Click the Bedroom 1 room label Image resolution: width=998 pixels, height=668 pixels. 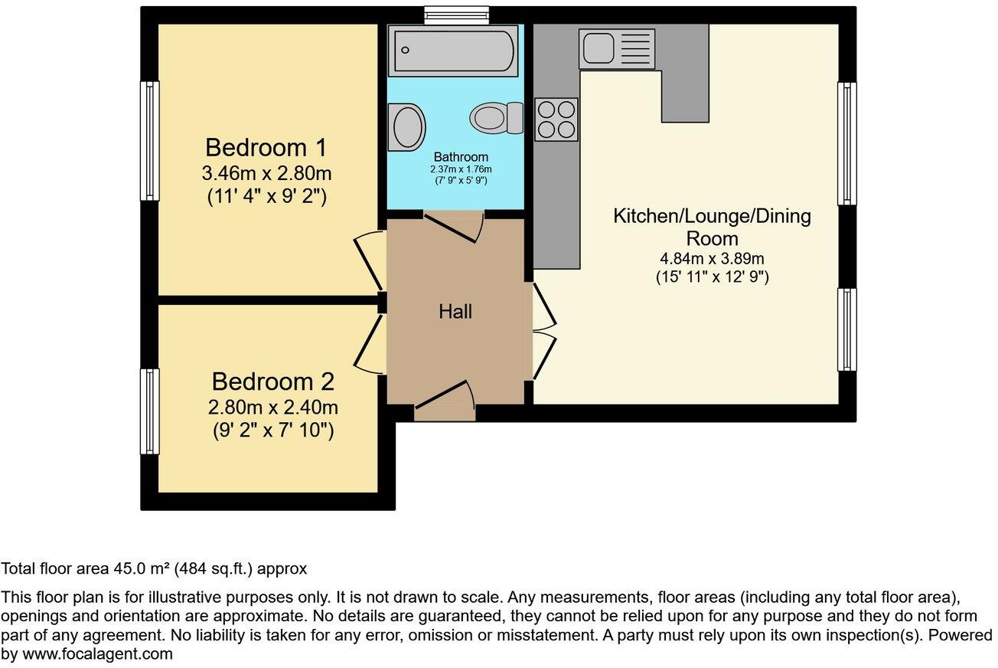coord(266,148)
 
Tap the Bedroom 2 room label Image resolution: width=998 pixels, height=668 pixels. coord(272,381)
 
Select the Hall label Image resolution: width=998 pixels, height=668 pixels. coord(455,312)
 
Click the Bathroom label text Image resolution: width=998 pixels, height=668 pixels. coord(461,157)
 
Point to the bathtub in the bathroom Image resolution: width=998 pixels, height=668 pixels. coord(453,51)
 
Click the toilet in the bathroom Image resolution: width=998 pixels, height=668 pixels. coord(497,118)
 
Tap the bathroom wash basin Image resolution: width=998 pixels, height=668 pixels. coord(406,127)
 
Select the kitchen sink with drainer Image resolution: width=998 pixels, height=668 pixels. coord(617,49)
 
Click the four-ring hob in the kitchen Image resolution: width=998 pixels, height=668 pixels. coord(556,120)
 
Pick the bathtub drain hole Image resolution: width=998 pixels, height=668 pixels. coord(405,50)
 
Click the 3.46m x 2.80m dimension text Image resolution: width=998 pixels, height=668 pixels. coord(266,173)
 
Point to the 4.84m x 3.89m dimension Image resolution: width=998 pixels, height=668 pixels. coord(712,259)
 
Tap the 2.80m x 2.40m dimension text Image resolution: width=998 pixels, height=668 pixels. coord(272,408)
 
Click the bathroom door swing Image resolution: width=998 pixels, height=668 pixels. coord(454,228)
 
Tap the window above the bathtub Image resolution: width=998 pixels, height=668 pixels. coord(456,15)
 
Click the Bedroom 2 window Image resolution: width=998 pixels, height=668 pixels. coord(150,411)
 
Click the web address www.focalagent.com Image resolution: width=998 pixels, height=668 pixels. coord(97,654)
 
